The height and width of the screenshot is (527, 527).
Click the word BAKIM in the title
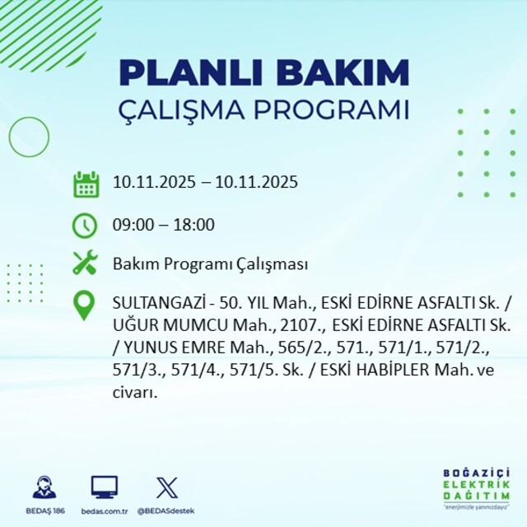(333, 72)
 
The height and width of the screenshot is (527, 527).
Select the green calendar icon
(86, 184)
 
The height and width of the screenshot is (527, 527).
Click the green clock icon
(86, 224)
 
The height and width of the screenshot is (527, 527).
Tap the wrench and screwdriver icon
(86, 263)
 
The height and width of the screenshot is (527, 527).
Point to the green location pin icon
(86, 305)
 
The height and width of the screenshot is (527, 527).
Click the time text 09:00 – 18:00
(163, 225)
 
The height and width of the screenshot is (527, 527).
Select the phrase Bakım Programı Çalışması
(210, 264)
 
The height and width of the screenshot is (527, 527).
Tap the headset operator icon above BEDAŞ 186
(44, 487)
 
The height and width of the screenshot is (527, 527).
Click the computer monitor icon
(104, 487)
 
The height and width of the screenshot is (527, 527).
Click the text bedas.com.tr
(104, 511)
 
